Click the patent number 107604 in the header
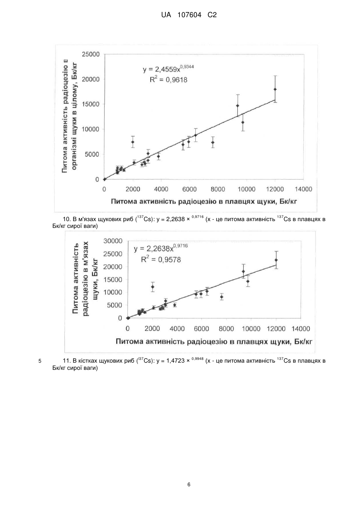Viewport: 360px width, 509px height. (189, 15)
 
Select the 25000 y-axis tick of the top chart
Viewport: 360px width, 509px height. (91, 54)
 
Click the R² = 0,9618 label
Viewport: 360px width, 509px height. (169, 80)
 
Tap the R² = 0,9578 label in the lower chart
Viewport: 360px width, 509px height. (161, 259)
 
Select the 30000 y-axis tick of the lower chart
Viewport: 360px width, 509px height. (113, 241)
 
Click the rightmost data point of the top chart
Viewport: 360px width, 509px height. (275, 89)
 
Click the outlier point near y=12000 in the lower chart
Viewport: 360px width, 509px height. (153, 287)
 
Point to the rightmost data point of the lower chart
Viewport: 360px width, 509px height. (276, 260)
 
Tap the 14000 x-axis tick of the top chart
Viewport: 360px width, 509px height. (303, 189)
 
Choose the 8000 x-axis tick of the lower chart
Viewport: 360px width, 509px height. (226, 329)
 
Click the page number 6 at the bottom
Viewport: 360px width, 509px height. (189, 485)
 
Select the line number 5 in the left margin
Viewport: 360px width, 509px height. (40, 361)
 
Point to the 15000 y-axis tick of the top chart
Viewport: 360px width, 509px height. (91, 104)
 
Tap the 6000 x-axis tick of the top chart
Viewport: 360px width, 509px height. (189, 189)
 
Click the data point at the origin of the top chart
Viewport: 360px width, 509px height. (104, 179)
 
